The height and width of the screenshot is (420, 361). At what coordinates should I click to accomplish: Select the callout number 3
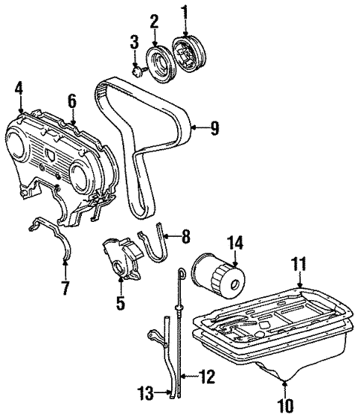point(135,41)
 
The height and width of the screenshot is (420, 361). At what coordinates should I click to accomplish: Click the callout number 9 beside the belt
point(214,129)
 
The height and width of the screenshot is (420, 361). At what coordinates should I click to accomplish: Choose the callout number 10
point(285,407)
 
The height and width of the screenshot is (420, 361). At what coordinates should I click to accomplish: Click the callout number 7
point(64,287)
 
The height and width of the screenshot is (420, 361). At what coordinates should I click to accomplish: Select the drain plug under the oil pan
point(284,378)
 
